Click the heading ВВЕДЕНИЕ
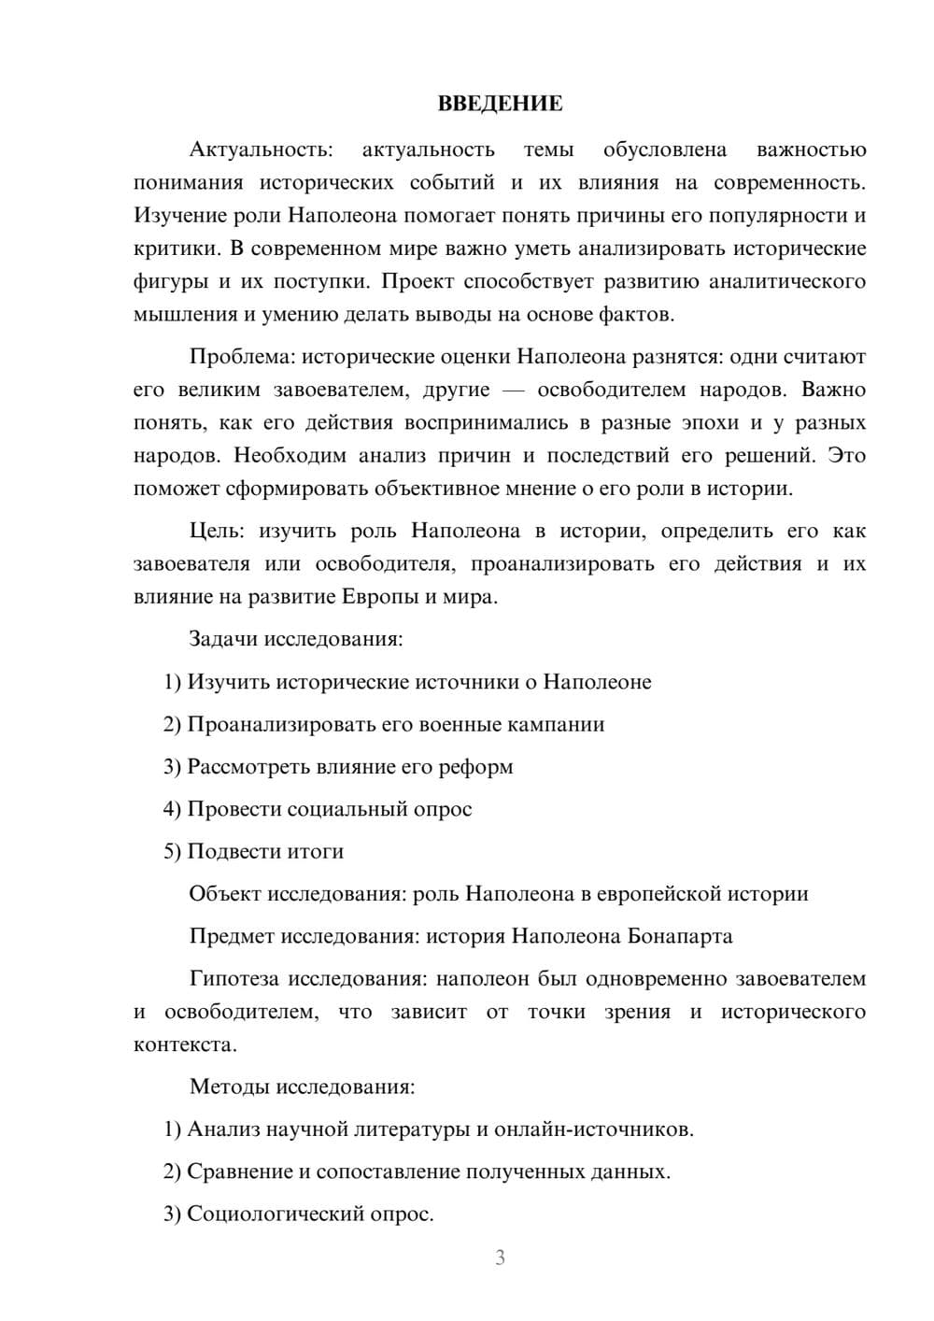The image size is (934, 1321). point(500,104)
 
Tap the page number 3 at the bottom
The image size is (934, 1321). point(500,1257)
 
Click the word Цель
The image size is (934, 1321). point(217,532)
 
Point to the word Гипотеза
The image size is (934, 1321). point(233,979)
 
